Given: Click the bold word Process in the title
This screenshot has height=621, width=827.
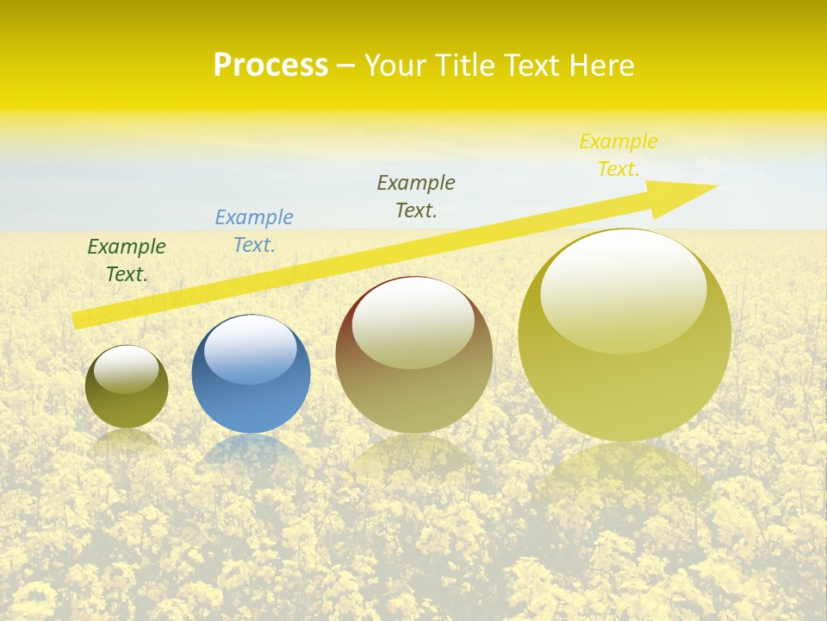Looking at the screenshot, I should tap(270, 66).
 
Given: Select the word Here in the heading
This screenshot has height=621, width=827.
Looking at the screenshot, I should tap(600, 66).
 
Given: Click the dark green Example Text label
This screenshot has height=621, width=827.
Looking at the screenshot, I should tap(127, 260).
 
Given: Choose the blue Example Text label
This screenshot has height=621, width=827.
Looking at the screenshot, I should tap(254, 231).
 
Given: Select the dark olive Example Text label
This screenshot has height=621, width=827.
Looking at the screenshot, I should tap(416, 197).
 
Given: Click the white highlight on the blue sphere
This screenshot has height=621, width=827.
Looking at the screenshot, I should tap(251, 349).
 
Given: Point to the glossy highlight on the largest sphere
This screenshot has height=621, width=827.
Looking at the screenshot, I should tap(624, 291).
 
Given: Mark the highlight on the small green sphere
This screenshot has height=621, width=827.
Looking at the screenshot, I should tap(127, 368).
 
